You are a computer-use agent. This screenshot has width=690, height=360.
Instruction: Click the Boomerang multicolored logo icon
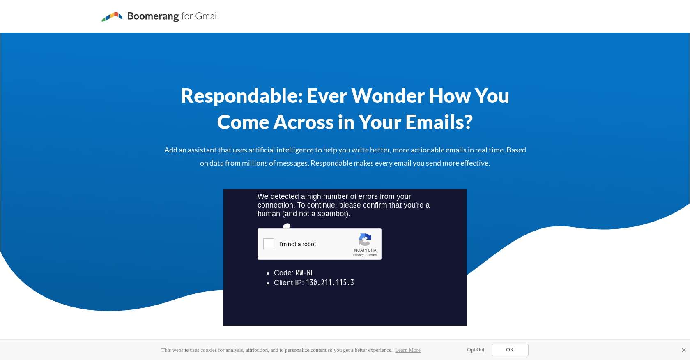point(112,16)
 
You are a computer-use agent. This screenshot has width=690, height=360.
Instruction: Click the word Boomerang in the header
point(153,16)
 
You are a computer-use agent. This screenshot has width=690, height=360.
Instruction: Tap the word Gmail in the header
point(207,16)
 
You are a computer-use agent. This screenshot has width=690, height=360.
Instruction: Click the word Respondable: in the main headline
point(241,96)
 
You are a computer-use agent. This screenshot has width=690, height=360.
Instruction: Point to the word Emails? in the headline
point(439,122)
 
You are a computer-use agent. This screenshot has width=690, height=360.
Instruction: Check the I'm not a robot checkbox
point(269,244)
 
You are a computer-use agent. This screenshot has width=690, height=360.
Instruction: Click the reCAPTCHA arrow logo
point(365,240)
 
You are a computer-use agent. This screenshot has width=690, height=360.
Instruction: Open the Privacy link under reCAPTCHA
point(358,255)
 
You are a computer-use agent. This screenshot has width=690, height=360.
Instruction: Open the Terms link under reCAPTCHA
point(372,255)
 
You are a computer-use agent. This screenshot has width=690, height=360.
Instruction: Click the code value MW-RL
point(305,273)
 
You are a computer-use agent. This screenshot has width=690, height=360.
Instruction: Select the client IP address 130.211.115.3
point(330,283)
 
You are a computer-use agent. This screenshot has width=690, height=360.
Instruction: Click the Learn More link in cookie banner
point(407,350)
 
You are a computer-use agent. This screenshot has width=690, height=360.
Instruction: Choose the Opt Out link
point(476,350)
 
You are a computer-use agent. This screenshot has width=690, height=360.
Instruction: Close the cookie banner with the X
point(683,350)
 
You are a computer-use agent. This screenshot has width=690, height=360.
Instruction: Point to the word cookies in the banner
point(209,350)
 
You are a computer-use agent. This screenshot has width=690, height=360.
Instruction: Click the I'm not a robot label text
point(298,244)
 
